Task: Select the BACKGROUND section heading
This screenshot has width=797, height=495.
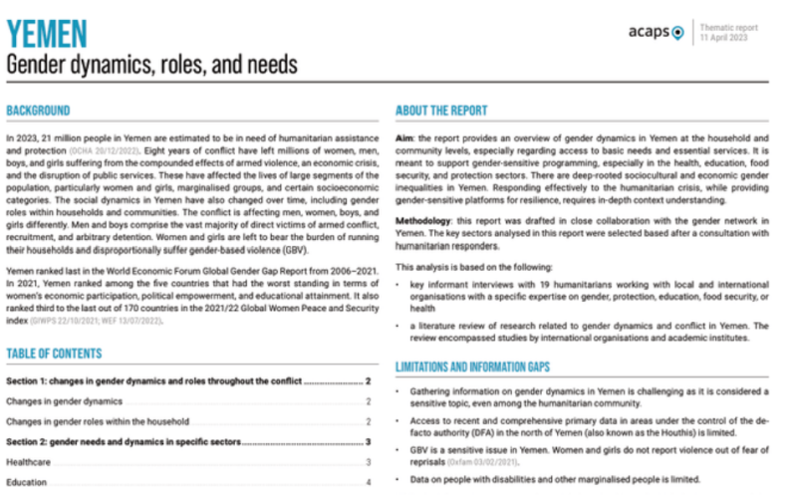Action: [38, 110]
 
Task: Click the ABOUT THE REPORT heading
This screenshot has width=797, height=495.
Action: [441, 110]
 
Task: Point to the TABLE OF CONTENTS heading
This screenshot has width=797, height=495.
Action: [54, 354]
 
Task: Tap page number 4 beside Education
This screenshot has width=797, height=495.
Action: [368, 482]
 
